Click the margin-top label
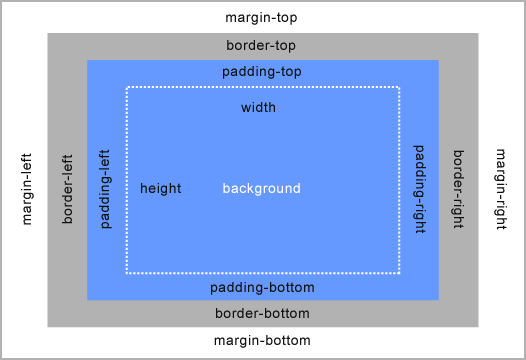(x=262, y=18)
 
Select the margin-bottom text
(x=262, y=340)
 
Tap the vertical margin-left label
(x=27, y=189)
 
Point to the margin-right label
(x=500, y=189)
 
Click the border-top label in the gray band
(x=261, y=46)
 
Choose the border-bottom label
(x=262, y=314)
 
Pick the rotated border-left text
(x=68, y=189)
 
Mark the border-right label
(x=458, y=189)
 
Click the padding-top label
(x=261, y=72)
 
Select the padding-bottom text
(x=262, y=288)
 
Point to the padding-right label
(x=420, y=189)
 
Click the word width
(x=258, y=107)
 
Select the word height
(x=161, y=188)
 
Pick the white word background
(x=261, y=188)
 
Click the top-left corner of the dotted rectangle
(x=127, y=88)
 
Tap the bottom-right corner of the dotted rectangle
(x=399, y=272)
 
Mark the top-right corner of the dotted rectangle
(x=399, y=88)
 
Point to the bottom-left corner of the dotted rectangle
(x=127, y=272)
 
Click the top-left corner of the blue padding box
(x=88, y=61)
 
